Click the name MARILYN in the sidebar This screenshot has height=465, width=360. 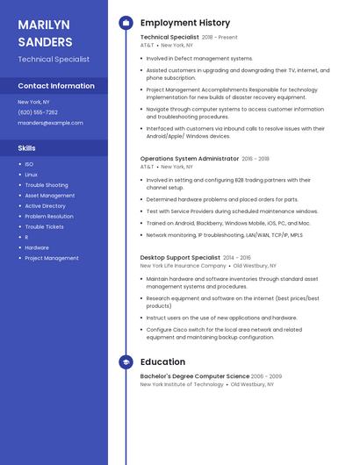pyautogui.click(x=43, y=25)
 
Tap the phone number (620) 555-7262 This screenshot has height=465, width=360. pyautogui.click(x=38, y=112)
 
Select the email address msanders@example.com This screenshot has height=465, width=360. pyautogui.click(x=50, y=123)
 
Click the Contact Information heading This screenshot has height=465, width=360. pyautogui.click(x=56, y=86)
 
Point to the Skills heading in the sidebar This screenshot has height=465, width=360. pyautogui.click(x=27, y=148)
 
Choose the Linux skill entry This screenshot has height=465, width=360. pyautogui.click(x=31, y=175)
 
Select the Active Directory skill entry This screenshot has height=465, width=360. pyautogui.click(x=46, y=206)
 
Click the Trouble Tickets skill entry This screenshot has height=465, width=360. pyautogui.click(x=44, y=227)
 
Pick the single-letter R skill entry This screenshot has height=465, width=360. pyautogui.click(x=26, y=237)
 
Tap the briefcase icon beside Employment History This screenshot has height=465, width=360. pyautogui.click(x=125, y=23)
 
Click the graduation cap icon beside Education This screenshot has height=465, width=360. pyautogui.click(x=125, y=361)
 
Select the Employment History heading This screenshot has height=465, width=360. pyautogui.click(x=185, y=23)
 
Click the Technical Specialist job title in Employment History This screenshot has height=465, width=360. pyautogui.click(x=169, y=38)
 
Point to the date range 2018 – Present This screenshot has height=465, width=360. pyautogui.click(x=220, y=38)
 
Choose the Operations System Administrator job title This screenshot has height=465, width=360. pyautogui.click(x=189, y=159)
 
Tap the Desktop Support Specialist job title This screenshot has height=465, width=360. pyautogui.click(x=180, y=258)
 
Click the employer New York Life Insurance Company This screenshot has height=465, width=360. pyautogui.click(x=184, y=266)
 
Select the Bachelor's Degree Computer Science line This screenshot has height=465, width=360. pyautogui.click(x=194, y=376)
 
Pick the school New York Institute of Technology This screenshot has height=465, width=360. pyautogui.click(x=182, y=384)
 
